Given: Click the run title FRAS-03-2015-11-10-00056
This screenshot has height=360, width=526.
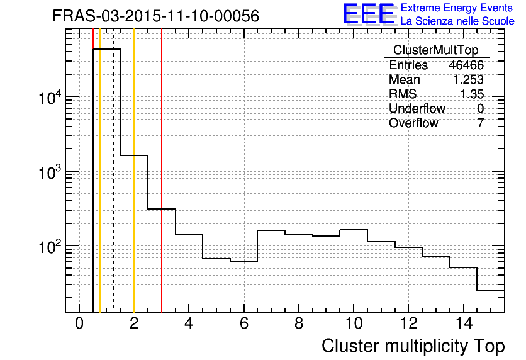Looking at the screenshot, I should click(x=155, y=16).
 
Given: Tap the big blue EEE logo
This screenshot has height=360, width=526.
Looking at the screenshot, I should click(x=369, y=14).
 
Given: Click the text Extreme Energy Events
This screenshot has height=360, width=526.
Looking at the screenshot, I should click(x=458, y=8).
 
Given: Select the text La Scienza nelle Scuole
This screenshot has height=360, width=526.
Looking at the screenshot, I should click(x=457, y=21).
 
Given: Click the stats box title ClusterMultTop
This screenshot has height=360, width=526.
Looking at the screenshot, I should click(x=435, y=50).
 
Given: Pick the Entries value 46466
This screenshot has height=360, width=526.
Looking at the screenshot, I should click(x=466, y=65).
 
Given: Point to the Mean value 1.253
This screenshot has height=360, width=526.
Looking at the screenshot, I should click(x=468, y=80).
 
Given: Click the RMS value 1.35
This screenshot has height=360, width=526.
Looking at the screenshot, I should click(x=471, y=94).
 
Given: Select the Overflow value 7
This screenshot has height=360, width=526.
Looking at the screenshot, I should click(x=480, y=123).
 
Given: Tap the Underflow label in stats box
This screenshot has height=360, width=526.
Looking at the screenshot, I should click(x=417, y=109).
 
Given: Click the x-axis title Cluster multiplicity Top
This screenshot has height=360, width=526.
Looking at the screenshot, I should click(x=413, y=346).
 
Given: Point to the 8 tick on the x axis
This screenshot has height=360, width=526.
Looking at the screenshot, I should click(x=298, y=324).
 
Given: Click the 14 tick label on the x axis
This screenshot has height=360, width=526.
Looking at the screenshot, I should click(x=462, y=324).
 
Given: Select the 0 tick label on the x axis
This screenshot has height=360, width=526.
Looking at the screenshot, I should click(x=79, y=324).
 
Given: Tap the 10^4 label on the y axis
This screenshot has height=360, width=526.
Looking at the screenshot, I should click(x=50, y=98).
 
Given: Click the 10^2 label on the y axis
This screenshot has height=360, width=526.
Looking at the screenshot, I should click(x=50, y=247).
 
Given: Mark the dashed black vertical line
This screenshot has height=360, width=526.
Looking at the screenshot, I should click(x=113, y=189).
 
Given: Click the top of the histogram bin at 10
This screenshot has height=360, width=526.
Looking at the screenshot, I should click(x=353, y=230).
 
